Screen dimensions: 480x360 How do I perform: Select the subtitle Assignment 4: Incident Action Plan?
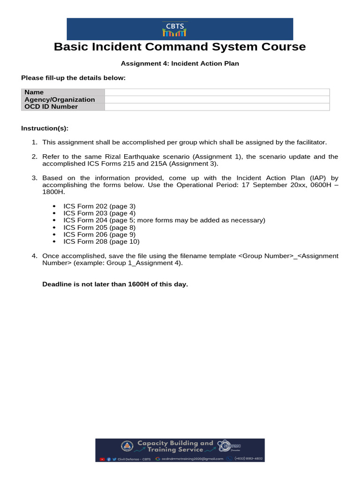point(180,63)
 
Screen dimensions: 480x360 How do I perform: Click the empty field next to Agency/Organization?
point(217,99)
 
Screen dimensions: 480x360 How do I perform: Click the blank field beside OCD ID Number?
point(217,107)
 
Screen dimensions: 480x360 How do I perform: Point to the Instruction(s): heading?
point(45,128)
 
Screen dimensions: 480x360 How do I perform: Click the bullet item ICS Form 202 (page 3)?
point(99,206)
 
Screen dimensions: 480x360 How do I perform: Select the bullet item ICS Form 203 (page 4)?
point(99,213)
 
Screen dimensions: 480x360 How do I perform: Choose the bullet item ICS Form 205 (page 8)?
point(99,228)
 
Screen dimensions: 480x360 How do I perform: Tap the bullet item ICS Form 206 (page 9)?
point(99,235)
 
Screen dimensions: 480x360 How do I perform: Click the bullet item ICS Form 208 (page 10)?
point(101,242)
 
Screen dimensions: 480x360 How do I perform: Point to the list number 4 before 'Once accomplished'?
point(34,256)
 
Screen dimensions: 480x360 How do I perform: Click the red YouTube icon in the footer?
point(102,459)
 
